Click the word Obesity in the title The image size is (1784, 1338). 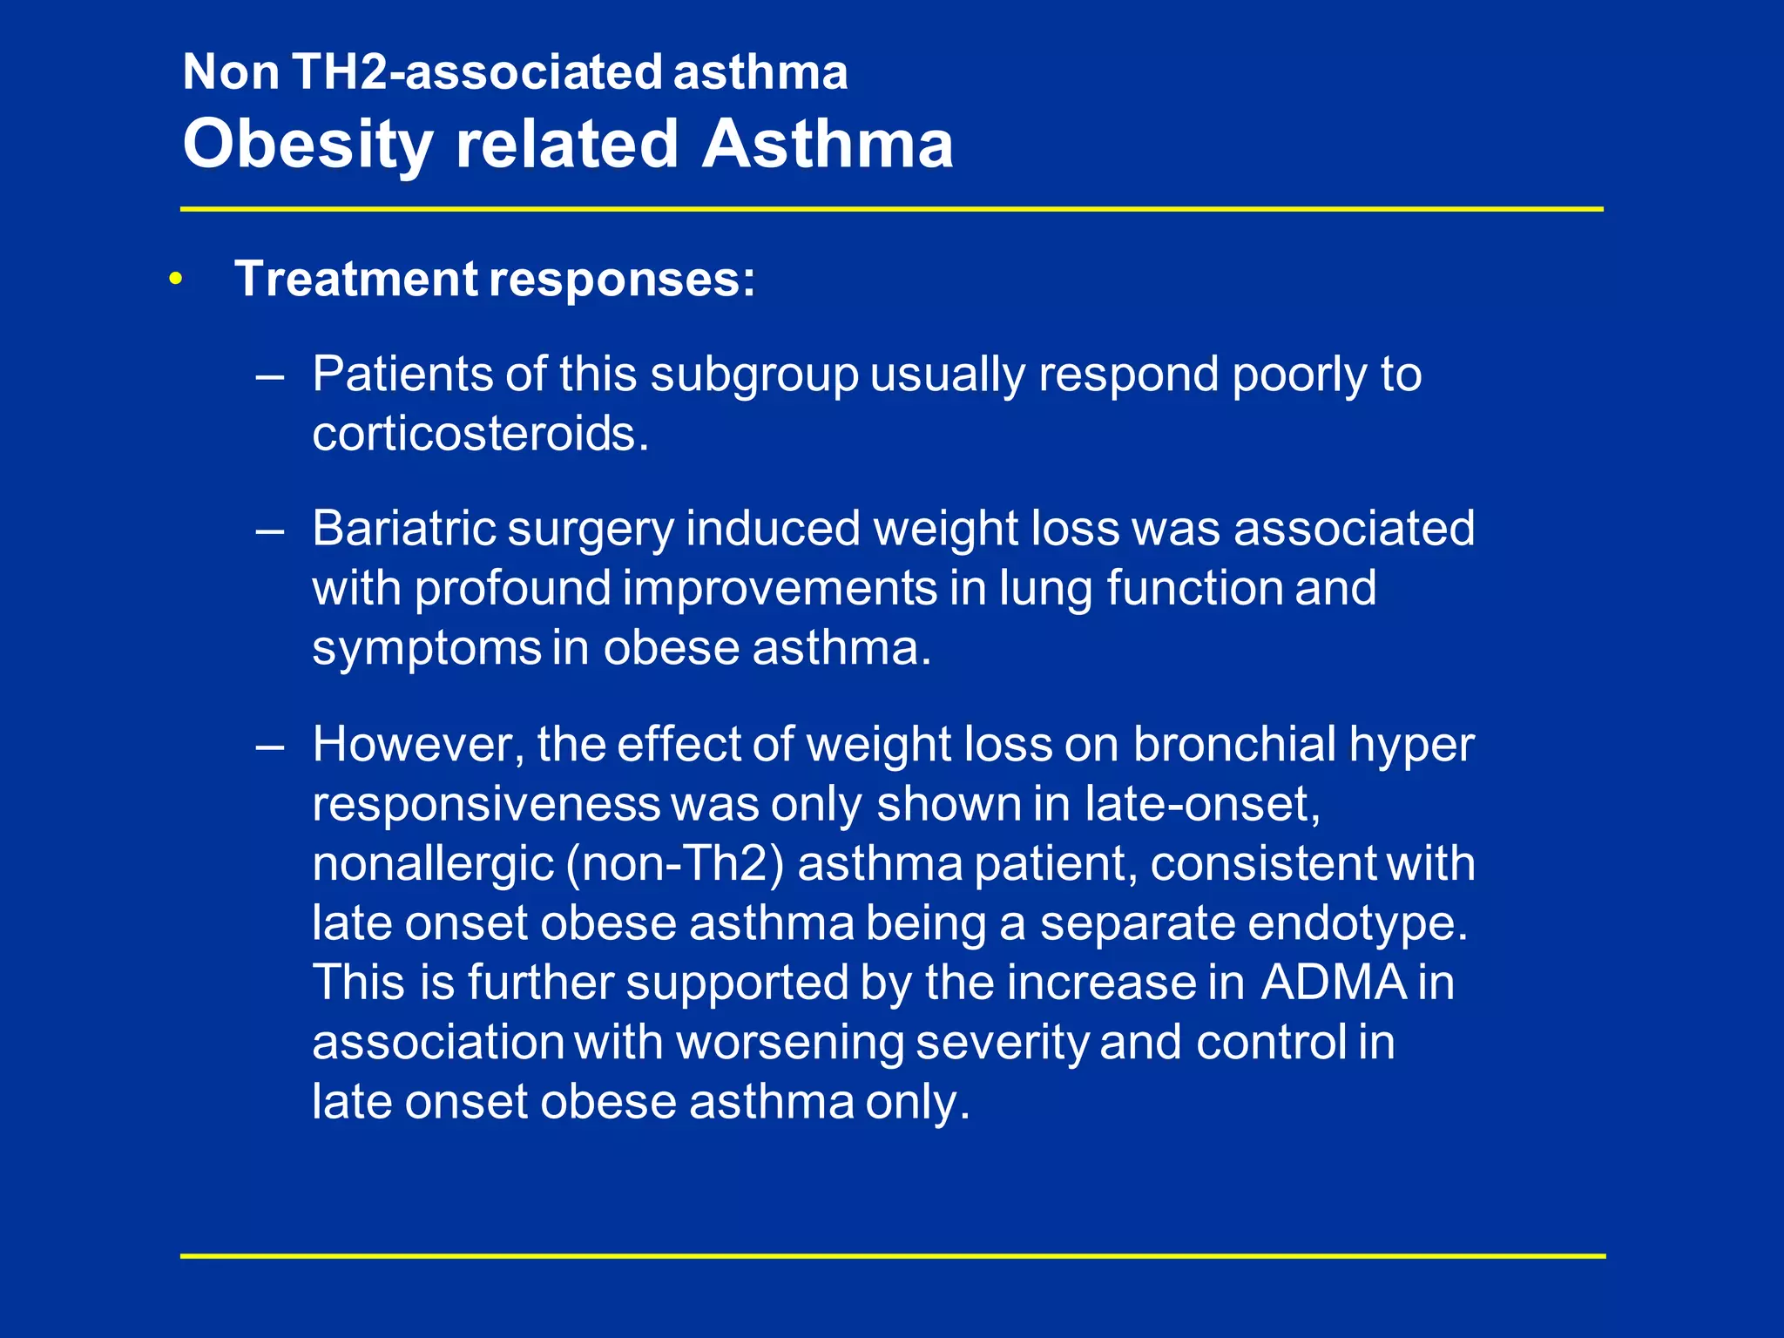(x=307, y=145)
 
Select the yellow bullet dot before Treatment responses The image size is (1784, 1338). (x=177, y=280)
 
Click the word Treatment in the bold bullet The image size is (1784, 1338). (x=356, y=280)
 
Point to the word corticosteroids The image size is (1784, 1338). (x=480, y=434)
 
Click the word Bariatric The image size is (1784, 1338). (x=403, y=529)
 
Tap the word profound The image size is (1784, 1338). (x=512, y=589)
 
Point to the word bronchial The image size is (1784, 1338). (x=1234, y=745)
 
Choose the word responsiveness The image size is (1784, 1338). (x=486, y=804)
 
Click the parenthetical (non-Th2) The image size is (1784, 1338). (x=675, y=864)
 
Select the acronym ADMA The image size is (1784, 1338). (x=1334, y=983)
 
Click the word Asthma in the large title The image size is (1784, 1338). (x=828, y=145)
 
